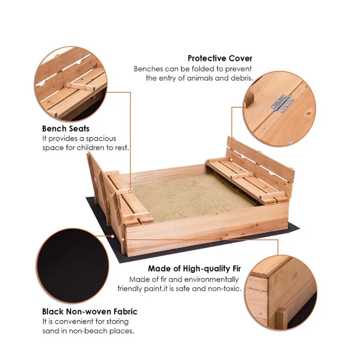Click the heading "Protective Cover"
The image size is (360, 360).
[x=220, y=59]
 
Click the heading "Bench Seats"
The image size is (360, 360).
[x=66, y=129]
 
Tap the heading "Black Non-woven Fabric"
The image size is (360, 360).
[x=90, y=312]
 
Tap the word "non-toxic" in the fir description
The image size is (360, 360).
[x=224, y=288]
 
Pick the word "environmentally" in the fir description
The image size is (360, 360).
[x=213, y=279]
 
